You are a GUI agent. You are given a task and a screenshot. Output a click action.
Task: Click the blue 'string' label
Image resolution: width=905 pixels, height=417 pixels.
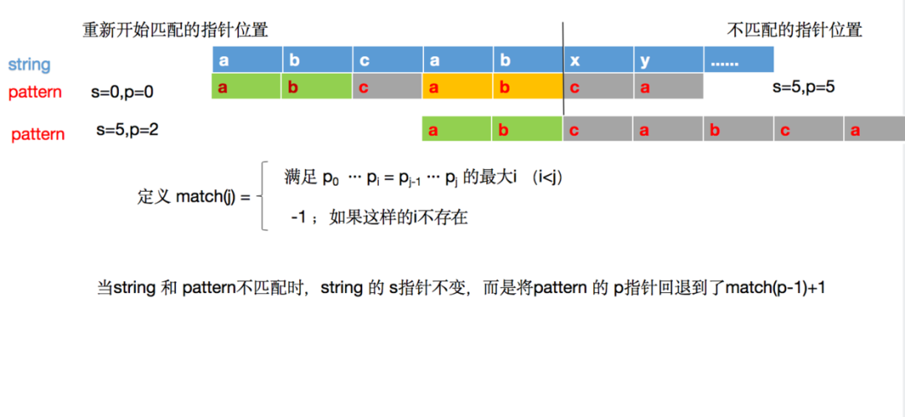[28, 64]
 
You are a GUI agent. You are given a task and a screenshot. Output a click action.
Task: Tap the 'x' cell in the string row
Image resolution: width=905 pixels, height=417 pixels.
[598, 60]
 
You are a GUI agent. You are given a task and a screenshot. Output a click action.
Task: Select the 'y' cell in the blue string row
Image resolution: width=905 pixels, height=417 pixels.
[669, 60]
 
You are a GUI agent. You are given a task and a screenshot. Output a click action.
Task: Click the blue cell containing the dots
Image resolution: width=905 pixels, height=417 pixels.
[739, 60]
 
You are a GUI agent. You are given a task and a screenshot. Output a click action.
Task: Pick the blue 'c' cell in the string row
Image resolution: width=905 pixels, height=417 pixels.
[387, 60]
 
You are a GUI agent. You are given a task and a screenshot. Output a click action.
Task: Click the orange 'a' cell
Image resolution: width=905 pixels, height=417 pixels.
[458, 86]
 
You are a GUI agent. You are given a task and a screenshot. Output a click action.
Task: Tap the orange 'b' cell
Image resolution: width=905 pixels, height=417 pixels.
[528, 86]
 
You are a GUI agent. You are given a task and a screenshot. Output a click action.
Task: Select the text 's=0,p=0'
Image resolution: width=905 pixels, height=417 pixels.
[122, 92]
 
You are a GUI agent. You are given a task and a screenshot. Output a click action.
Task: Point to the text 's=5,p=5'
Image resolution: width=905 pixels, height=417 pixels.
[804, 87]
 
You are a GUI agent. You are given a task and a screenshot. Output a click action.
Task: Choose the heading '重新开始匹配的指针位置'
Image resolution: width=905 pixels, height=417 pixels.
[175, 30]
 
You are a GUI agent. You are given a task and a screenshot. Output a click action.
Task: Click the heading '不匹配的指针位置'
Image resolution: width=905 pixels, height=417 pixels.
[794, 30]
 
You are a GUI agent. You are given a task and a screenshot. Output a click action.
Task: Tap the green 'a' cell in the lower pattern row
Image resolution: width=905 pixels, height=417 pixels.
[457, 129]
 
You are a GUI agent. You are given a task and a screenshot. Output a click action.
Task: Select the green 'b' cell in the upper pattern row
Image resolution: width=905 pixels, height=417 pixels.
[317, 86]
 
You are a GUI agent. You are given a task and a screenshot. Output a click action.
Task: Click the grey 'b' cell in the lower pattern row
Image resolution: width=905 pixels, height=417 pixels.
[738, 129]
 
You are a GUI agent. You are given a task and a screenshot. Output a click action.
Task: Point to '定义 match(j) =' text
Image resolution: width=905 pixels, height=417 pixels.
[194, 197]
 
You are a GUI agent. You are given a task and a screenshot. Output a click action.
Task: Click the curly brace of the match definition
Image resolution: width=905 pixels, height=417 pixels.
[261, 197]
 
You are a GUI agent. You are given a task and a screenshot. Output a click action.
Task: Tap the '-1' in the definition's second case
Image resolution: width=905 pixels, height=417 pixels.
[297, 218]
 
